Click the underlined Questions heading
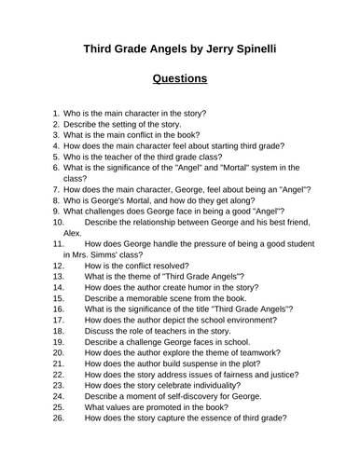point(179,78)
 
